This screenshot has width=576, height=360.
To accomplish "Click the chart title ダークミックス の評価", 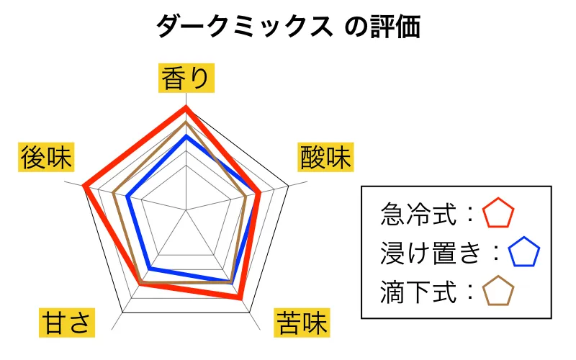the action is pyautogui.click(x=289, y=27).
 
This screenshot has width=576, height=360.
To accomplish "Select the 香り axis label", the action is pyautogui.click(x=186, y=78).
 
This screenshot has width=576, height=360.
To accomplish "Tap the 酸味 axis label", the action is pyautogui.click(x=325, y=157).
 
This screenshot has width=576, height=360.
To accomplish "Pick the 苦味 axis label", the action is pyautogui.click(x=302, y=323).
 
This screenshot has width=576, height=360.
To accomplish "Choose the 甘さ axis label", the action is pyautogui.click(x=67, y=323).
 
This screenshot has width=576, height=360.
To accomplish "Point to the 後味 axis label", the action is pyautogui.click(x=46, y=157).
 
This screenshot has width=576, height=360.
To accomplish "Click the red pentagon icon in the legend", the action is pyautogui.click(x=498, y=212).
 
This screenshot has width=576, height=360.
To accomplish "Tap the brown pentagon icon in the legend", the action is pyautogui.click(x=498, y=291).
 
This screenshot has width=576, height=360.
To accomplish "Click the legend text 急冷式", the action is pyautogui.click(x=418, y=214).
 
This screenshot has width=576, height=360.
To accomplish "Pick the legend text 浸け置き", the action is pyautogui.click(x=431, y=253).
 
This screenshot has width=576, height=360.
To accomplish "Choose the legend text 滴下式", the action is pyautogui.click(x=418, y=292).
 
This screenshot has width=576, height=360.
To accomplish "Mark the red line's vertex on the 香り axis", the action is pyautogui.click(x=186, y=107).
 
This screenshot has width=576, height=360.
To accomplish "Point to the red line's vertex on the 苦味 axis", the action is pyautogui.click(x=240, y=297).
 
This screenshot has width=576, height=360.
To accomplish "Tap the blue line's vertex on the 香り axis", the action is pyautogui.click(x=186, y=137).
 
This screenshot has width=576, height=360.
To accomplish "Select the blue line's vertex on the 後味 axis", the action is pyautogui.click(x=127, y=197).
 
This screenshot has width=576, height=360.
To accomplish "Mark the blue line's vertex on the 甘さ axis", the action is pyautogui.click(x=150, y=269).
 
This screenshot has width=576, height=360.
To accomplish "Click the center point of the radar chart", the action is pyautogui.click(x=186, y=210).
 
